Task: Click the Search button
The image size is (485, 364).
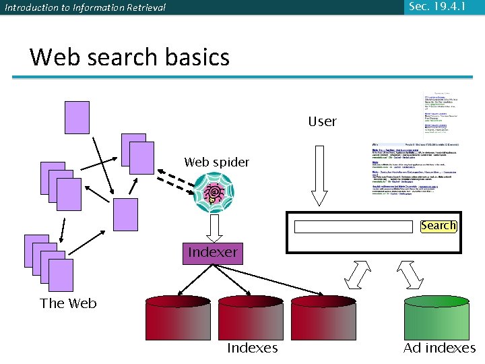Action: [x=439, y=226]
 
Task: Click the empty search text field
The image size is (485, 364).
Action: [x=353, y=226]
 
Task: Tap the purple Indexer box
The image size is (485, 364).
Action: [x=213, y=253]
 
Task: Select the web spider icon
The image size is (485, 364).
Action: [x=214, y=191]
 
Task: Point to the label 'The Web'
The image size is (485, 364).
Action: [x=68, y=303]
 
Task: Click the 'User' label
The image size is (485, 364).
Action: [x=322, y=122]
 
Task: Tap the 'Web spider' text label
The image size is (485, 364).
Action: [x=216, y=162]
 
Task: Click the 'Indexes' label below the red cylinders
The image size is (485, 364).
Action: [x=252, y=348]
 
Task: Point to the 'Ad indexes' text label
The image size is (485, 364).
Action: [x=439, y=348]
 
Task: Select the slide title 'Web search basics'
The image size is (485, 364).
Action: [x=129, y=57]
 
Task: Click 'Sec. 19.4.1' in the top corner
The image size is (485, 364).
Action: [x=437, y=7]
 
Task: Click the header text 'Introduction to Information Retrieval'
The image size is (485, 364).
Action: [x=84, y=7]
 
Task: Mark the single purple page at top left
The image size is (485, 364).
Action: [x=77, y=117]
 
